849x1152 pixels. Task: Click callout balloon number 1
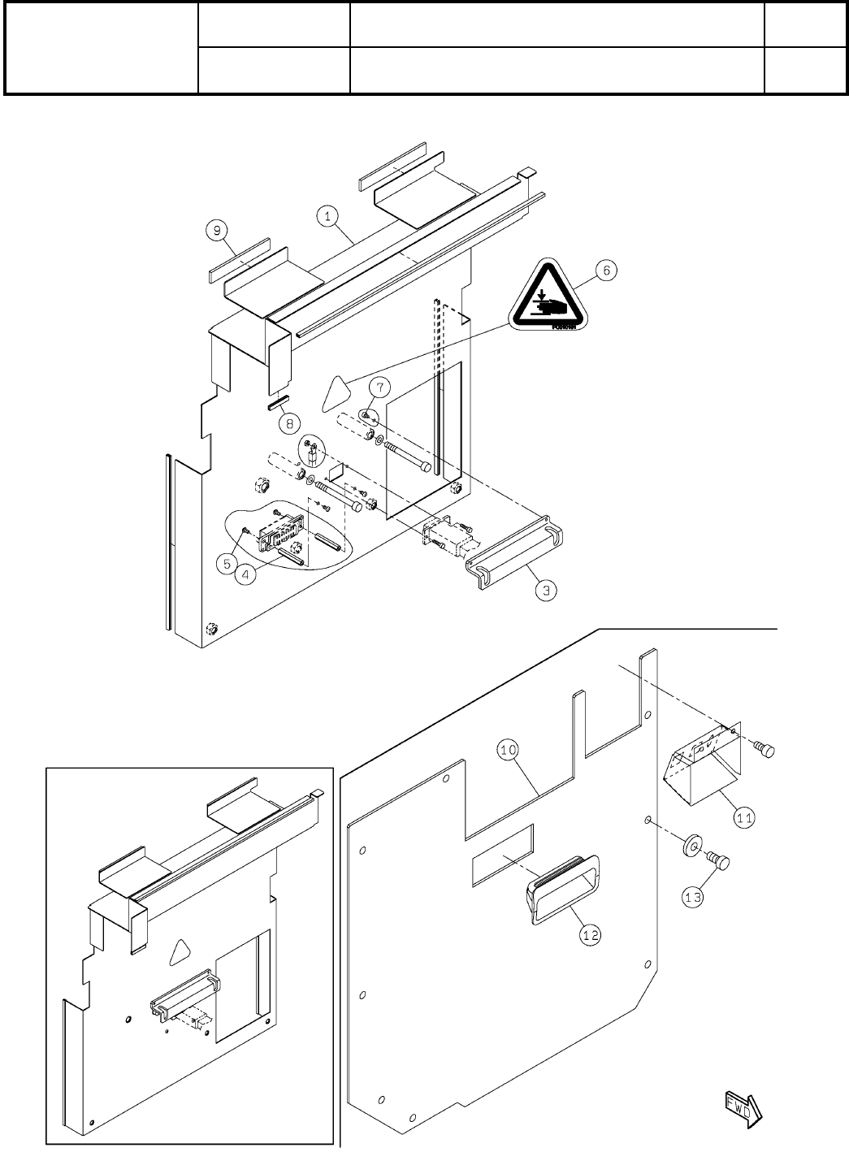tap(327, 216)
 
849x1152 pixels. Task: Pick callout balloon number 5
tap(227, 561)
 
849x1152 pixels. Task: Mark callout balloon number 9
tap(216, 231)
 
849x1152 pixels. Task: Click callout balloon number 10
tap(509, 751)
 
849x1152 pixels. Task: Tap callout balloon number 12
tap(591, 935)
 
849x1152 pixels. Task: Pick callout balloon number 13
tap(692, 898)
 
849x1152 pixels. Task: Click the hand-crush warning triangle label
tap(546, 296)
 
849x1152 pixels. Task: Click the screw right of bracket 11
tap(765, 751)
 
